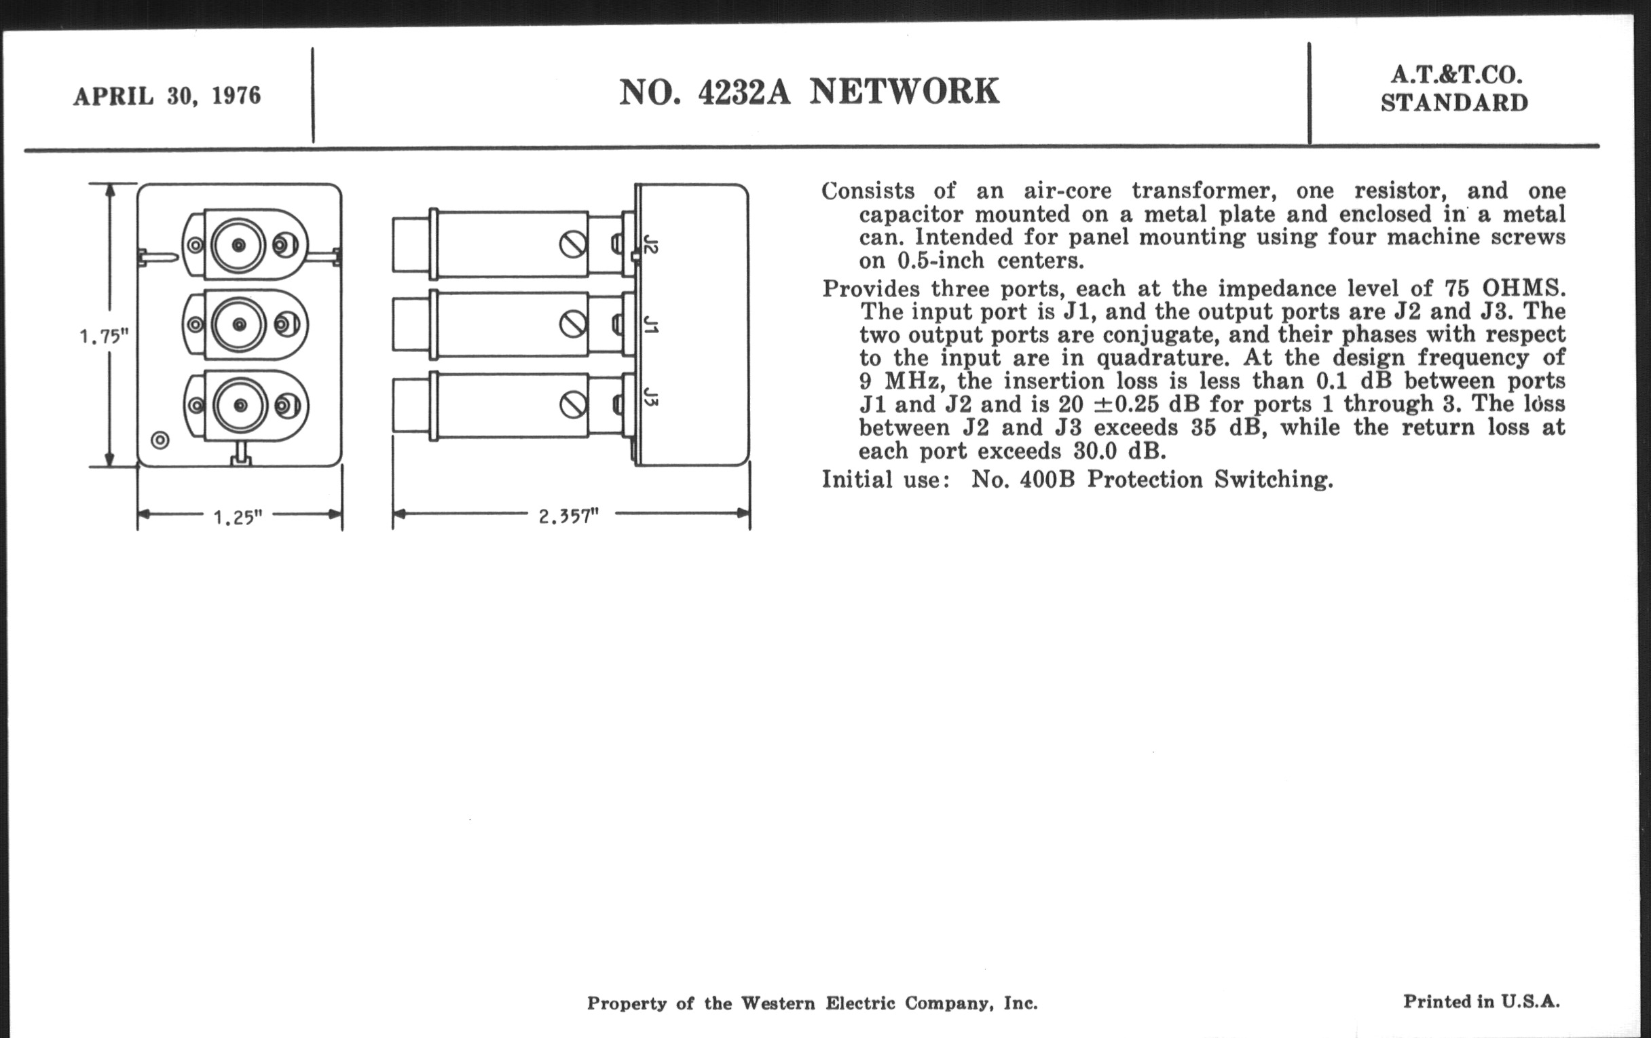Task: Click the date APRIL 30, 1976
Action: tap(166, 96)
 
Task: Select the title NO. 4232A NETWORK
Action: tap(809, 92)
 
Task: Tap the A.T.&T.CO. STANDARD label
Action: tap(1453, 89)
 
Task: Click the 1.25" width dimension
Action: tap(238, 517)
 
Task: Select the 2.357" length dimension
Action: tap(568, 516)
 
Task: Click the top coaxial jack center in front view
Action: tap(238, 245)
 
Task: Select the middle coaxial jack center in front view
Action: tap(239, 324)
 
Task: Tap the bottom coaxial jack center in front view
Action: tap(240, 406)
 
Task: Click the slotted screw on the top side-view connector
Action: tap(572, 245)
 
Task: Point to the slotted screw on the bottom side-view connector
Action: tap(572, 405)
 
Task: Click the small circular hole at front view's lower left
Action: tap(160, 440)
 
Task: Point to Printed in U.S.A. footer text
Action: tap(1481, 1001)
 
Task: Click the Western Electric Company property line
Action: tap(812, 1004)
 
